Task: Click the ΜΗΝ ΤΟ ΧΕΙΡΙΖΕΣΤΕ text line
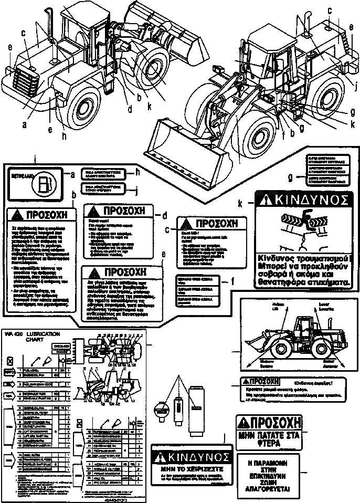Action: point(190,466)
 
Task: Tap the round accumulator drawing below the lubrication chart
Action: point(159,413)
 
